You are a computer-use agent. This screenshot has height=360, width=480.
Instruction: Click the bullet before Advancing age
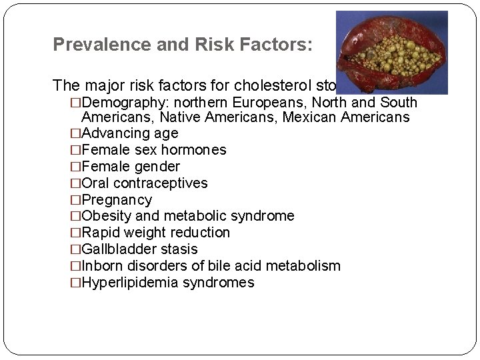pos(75,133)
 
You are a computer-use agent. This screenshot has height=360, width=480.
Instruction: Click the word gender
pos(157,166)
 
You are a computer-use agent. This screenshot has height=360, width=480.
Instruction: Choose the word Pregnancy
pos(116,199)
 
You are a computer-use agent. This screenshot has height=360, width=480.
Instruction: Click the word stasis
pos(178,249)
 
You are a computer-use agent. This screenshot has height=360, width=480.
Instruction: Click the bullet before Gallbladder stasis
pos(75,249)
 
